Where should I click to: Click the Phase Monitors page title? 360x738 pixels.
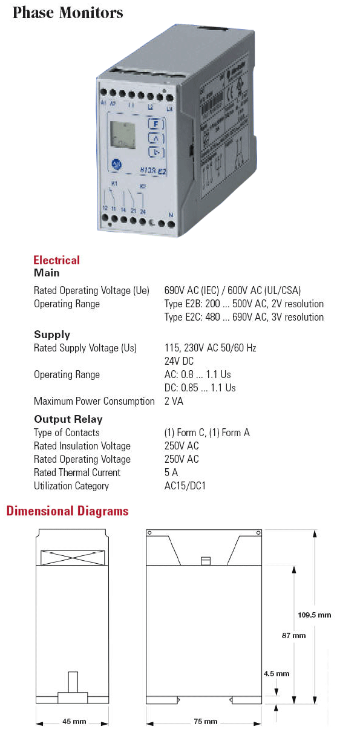click(x=68, y=12)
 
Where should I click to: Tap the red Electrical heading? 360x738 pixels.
click(x=56, y=260)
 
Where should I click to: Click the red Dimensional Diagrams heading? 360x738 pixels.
click(x=67, y=511)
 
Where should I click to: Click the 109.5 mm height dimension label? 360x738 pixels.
click(x=315, y=615)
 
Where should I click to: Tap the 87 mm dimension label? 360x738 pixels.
click(x=294, y=635)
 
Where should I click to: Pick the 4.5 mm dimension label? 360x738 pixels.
click(x=277, y=673)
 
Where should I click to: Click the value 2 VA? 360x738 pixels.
click(x=174, y=401)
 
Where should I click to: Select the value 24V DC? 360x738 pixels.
click(x=180, y=361)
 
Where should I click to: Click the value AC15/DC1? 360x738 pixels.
click(x=185, y=486)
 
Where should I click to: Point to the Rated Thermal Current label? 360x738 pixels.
click(x=77, y=472)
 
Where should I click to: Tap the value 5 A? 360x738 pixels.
click(x=171, y=472)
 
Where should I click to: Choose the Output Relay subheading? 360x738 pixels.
click(x=68, y=419)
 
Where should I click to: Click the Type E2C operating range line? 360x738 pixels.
click(x=244, y=317)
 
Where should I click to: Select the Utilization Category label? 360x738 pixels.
click(x=71, y=486)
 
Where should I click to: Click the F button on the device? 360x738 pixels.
click(x=155, y=125)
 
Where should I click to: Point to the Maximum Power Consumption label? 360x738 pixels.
click(x=94, y=401)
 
